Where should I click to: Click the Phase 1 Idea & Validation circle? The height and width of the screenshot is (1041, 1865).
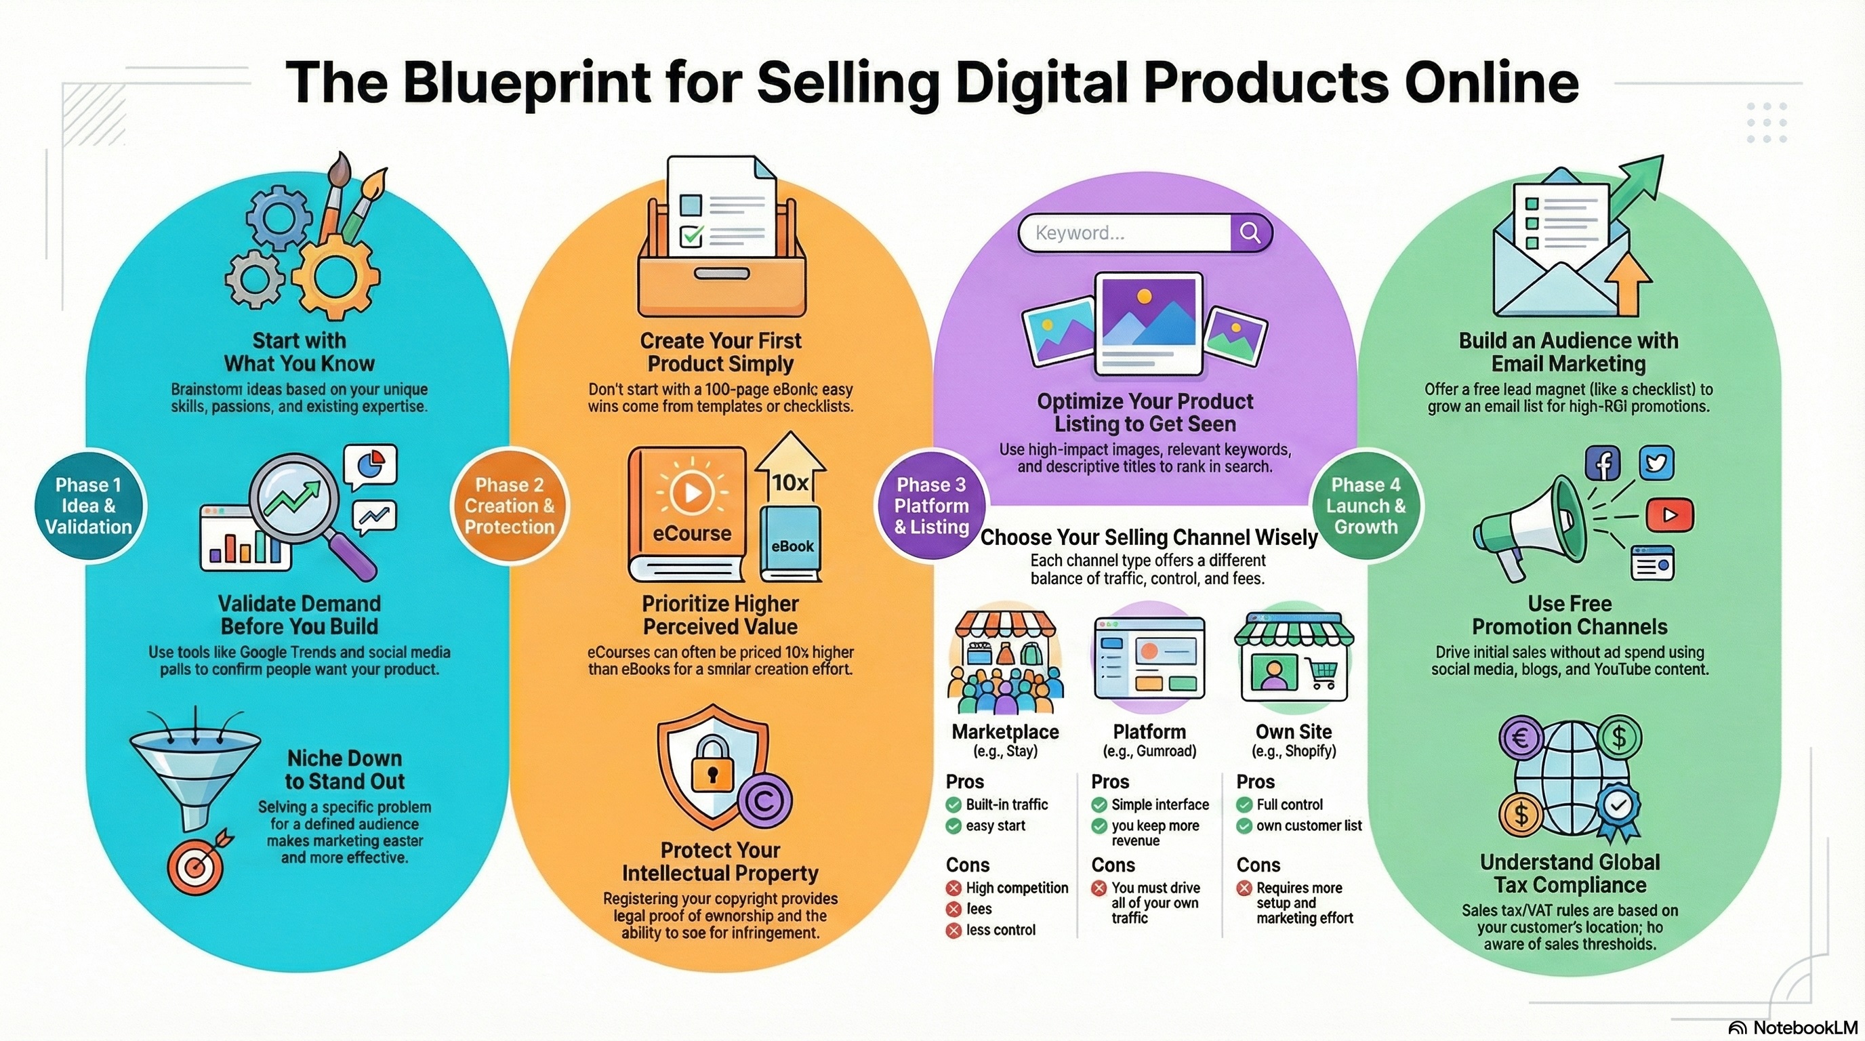point(89,506)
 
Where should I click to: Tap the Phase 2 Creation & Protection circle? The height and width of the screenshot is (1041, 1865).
point(510,506)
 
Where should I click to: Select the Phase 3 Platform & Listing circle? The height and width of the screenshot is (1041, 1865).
point(931,506)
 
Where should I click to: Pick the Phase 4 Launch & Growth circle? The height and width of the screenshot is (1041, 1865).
point(1366,506)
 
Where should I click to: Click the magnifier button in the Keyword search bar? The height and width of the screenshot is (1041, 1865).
point(1250,232)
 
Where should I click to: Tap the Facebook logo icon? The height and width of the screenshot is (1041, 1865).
point(1603,464)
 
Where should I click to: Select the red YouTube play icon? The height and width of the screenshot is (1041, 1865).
point(1670,514)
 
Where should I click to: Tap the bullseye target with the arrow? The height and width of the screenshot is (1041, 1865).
point(195,866)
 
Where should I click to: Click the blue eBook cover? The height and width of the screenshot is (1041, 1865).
point(791,543)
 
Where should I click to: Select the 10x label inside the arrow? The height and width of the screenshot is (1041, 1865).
point(790,482)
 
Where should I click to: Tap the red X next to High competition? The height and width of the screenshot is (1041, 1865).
point(954,889)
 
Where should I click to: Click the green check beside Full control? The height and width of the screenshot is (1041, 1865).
point(1244,805)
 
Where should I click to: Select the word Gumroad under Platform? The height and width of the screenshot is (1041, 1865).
point(1165,751)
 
